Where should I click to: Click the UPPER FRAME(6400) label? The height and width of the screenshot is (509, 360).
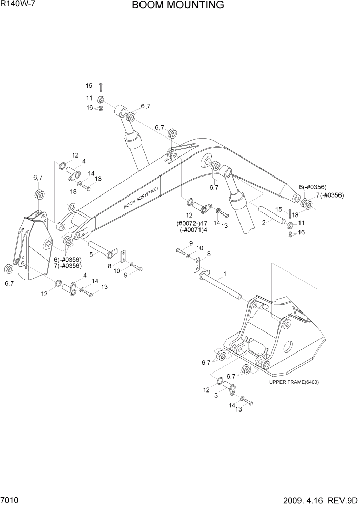click(x=297, y=382)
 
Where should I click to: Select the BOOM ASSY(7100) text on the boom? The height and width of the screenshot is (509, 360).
click(x=141, y=198)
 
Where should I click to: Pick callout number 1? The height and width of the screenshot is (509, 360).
click(x=224, y=275)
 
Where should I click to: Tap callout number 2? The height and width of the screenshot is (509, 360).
click(x=263, y=222)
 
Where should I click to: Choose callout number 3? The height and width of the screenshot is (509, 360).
click(x=216, y=395)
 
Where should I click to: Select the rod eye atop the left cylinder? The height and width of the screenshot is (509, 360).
click(x=121, y=111)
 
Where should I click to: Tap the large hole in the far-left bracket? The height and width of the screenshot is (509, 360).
click(x=48, y=243)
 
